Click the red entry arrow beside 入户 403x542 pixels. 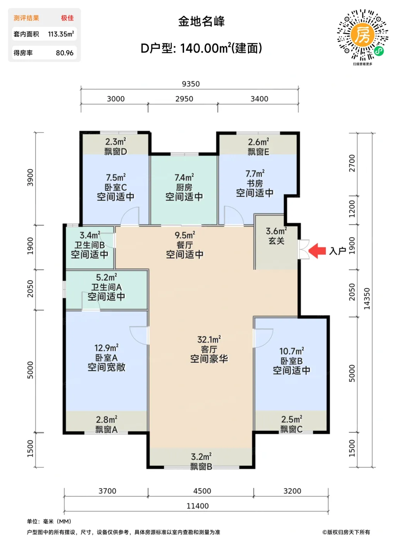coord(317,251)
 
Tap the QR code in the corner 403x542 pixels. coord(362,35)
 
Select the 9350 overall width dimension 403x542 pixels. coord(191,84)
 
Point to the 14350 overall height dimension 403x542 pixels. coord(367,298)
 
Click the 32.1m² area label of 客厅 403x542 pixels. coord(209,339)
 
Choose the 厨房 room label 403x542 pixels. coord(184,187)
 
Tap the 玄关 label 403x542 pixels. coord(277,241)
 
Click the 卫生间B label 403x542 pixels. coord(90,245)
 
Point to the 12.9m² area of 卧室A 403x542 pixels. coord(107,348)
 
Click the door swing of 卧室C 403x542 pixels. coord(130,216)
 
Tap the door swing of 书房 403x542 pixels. coord(234,215)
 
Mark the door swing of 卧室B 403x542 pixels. coord(263,338)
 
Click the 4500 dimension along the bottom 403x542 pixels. coord(202,491)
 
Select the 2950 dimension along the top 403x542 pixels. coord(184,99)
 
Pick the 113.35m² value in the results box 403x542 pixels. coord(61,34)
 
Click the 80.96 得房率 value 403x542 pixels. coord(65,53)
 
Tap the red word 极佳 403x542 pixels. coord(67,18)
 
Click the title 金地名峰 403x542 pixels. coord(201,22)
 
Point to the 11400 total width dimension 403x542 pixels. coord(198,506)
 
